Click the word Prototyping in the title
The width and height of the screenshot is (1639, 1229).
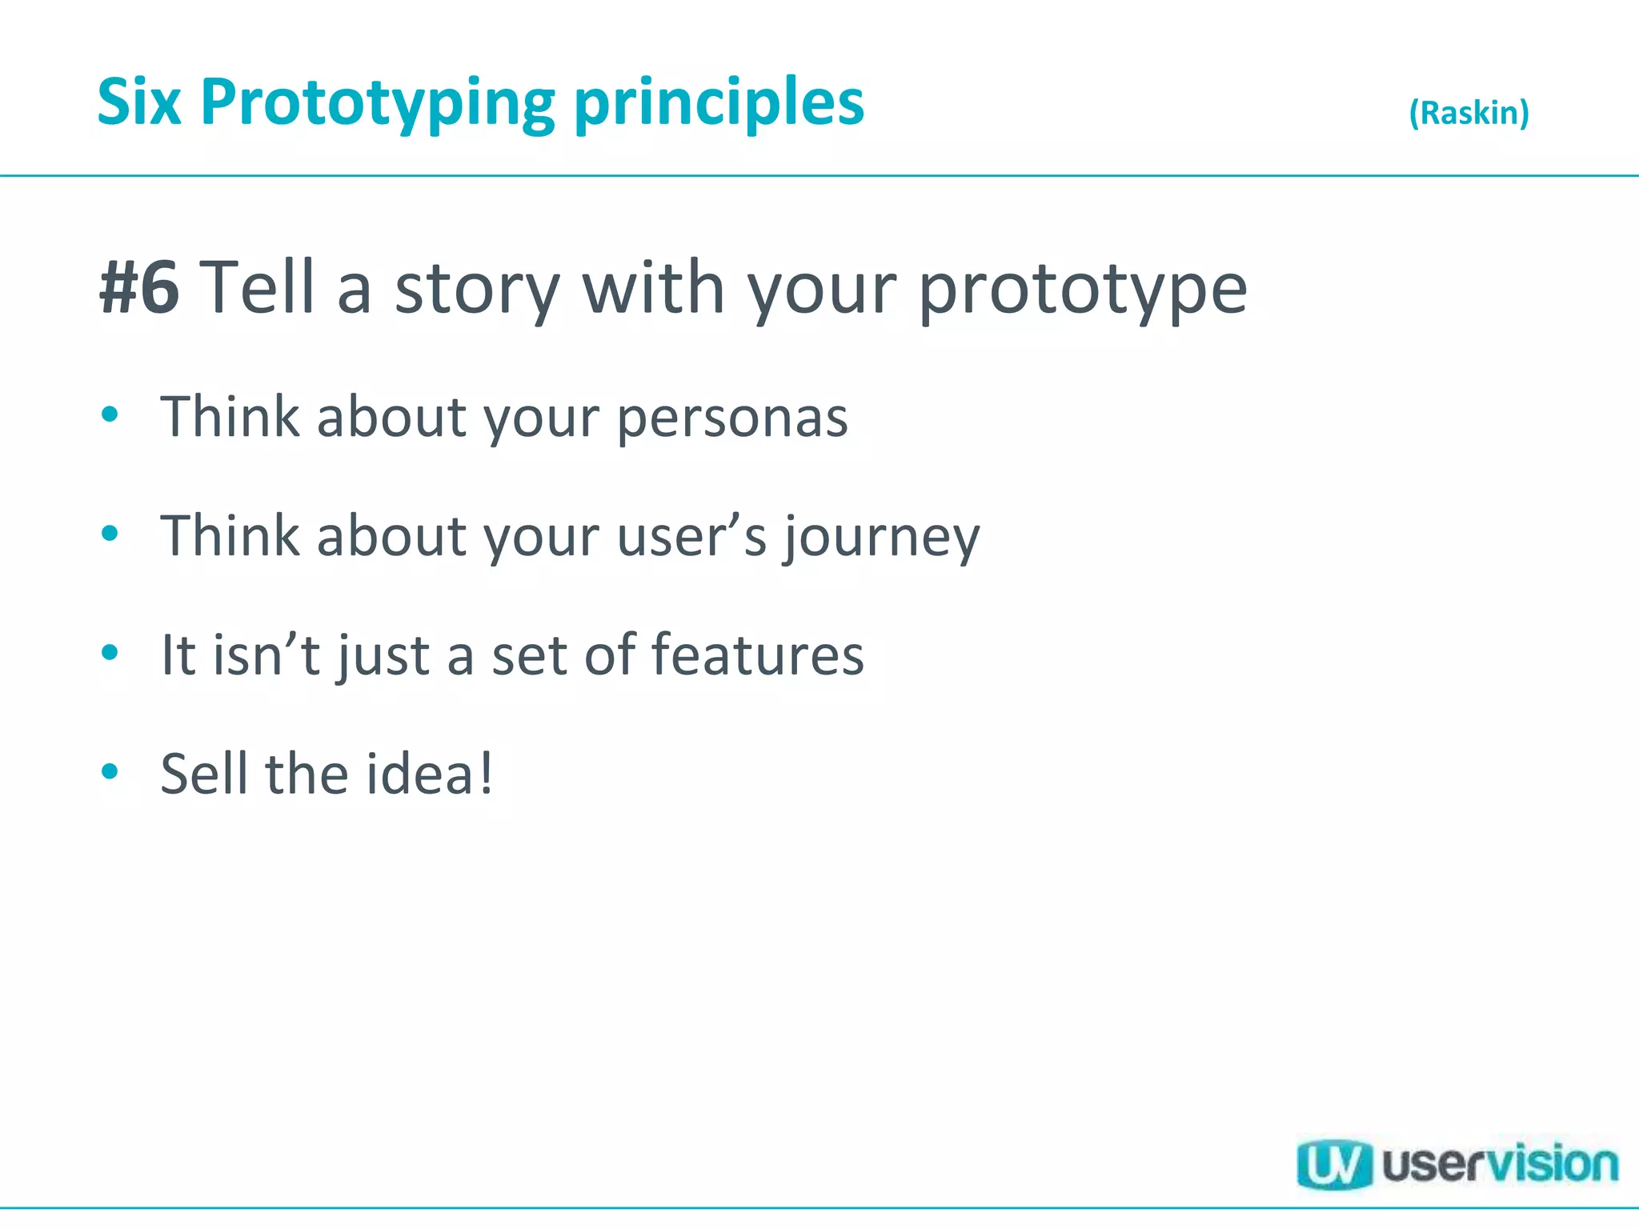pos(377,104)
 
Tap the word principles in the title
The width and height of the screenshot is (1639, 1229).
pos(719,104)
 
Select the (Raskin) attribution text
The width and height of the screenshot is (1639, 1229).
pos(1469,113)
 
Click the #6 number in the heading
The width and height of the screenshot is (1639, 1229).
pos(139,288)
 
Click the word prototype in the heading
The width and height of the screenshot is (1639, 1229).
pos(1082,290)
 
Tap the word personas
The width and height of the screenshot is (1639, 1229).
pos(732,418)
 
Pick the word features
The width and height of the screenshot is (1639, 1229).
pos(757,655)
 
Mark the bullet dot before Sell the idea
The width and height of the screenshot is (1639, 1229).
pos(110,771)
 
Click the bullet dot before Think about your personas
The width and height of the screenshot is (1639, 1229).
pos(110,414)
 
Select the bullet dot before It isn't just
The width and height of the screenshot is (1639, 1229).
pos(110,652)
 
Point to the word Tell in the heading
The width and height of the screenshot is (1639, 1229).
pos(261,288)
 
